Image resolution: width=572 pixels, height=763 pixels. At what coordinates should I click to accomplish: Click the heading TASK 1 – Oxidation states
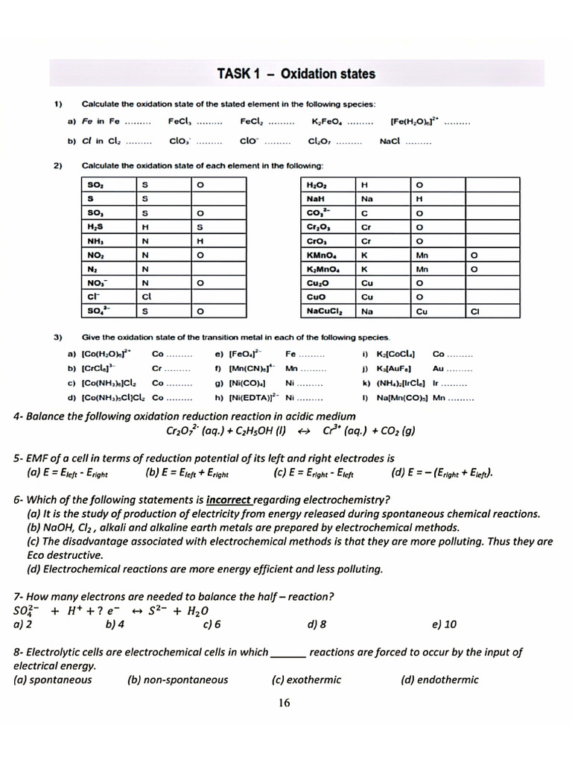coord(296,74)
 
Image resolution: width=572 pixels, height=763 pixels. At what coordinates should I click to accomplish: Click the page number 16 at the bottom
coord(284,702)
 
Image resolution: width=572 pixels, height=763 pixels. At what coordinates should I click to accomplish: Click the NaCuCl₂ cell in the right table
coord(325,311)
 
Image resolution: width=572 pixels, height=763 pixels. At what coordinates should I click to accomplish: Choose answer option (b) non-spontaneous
coord(177,679)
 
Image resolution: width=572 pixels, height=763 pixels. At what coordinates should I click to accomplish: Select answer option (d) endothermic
coord(439,679)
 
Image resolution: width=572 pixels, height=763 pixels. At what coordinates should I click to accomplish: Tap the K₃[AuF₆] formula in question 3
coord(395,368)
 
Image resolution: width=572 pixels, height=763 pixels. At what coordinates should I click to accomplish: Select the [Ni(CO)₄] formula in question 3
coord(250,382)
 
